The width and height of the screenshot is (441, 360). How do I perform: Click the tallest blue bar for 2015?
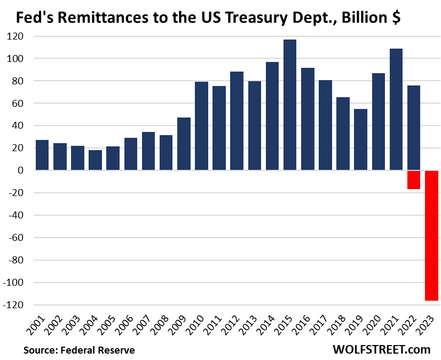point(290,105)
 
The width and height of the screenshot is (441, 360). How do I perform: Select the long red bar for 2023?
point(431,235)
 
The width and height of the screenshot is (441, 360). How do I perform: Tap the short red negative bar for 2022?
point(414,179)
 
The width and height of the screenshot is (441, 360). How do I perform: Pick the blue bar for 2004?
point(95,160)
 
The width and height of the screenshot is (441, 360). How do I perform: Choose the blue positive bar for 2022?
point(414,128)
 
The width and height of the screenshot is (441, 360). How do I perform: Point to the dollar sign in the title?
point(396,18)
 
